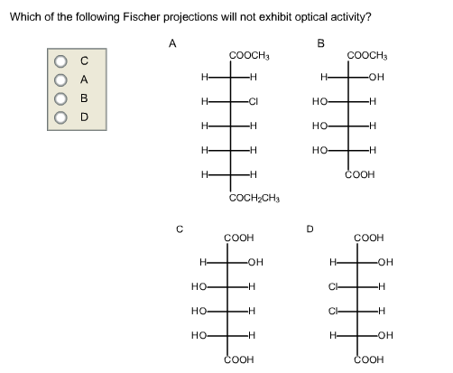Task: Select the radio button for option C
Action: (x=61, y=61)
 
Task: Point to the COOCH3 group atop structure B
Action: (x=367, y=56)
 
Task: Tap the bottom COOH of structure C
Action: (x=238, y=357)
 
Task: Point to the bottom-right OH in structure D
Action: (x=388, y=334)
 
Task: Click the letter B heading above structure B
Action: (x=319, y=41)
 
